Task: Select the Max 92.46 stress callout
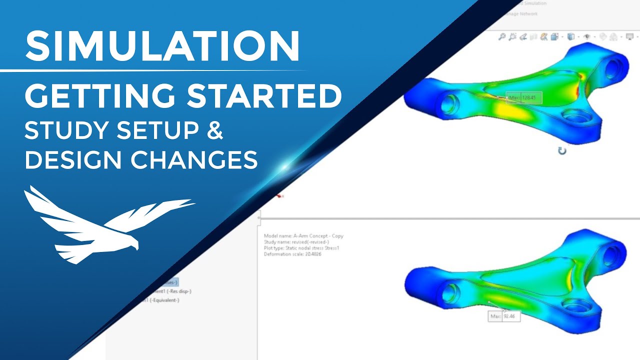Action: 504,316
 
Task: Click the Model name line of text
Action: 303,236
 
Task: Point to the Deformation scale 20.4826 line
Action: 292,254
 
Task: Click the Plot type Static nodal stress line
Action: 301,248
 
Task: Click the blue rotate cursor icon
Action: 562,150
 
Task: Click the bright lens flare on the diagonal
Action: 285,168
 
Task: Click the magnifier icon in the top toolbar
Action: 501,36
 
